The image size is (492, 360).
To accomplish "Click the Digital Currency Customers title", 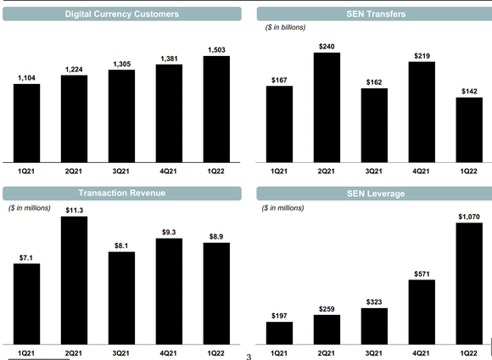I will click(x=121, y=14).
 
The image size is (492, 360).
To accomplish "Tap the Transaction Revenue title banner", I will click(x=121, y=194).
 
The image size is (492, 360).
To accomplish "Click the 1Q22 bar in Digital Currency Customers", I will click(x=216, y=109).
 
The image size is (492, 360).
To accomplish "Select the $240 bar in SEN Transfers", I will click(x=327, y=107).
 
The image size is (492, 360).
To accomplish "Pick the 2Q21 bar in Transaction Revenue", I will click(x=74, y=279).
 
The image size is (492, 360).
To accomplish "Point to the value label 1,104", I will click(x=27, y=78).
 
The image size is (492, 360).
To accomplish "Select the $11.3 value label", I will click(x=74, y=210).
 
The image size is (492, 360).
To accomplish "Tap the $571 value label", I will click(x=421, y=273).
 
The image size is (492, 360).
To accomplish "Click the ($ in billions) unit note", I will click(x=286, y=28).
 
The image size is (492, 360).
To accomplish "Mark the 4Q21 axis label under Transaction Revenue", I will click(x=169, y=352).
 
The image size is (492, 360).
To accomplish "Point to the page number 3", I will click(x=249, y=356).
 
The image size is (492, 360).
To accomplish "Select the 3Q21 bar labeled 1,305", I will click(x=121, y=115).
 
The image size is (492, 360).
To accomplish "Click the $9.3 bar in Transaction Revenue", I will click(x=169, y=290).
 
